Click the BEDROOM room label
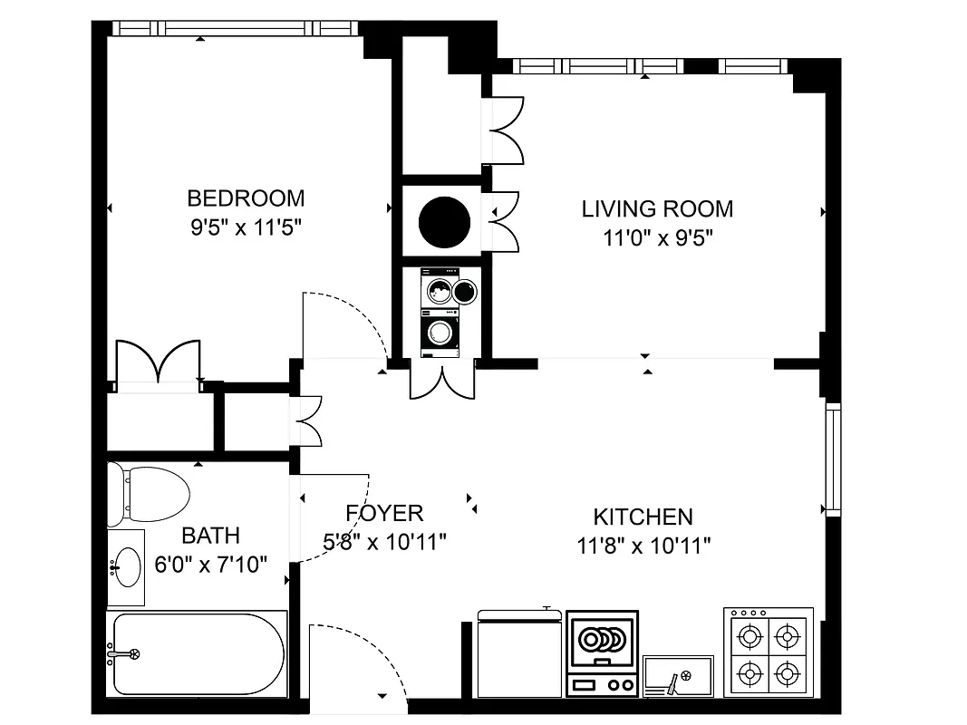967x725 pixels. click(245, 198)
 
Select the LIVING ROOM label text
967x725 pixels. click(657, 209)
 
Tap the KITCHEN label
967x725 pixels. click(643, 517)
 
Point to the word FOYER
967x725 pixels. click(385, 514)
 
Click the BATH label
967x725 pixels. click(210, 535)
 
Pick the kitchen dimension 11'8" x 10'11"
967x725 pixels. click(643, 546)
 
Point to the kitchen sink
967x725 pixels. click(678, 676)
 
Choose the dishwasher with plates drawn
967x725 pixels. click(602, 652)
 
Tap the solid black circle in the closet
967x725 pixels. click(444, 220)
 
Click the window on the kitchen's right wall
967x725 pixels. click(832, 459)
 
